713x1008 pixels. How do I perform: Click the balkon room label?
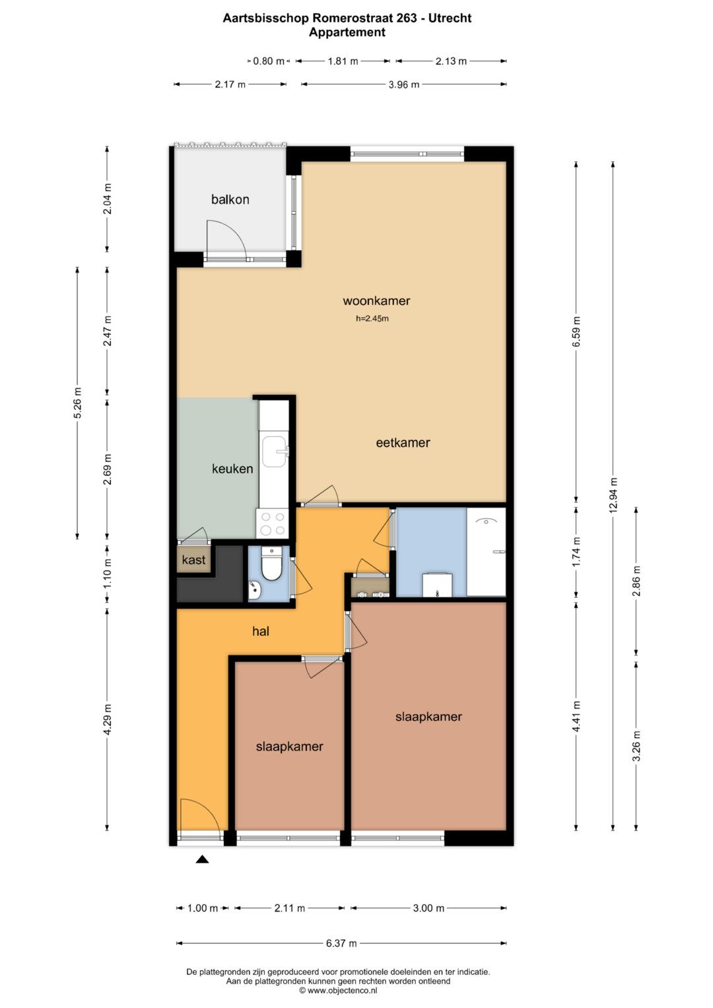click(230, 199)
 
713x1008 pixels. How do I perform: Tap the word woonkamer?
click(376, 300)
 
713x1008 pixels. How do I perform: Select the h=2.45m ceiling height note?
click(372, 319)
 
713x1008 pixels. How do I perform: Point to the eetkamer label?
click(403, 443)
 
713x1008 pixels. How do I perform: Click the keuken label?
click(232, 469)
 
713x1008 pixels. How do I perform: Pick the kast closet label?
click(193, 560)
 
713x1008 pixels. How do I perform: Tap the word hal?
click(261, 631)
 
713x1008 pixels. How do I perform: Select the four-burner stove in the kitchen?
click(272, 523)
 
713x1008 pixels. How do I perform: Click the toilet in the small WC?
click(271, 563)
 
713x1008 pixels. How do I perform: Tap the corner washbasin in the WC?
click(254, 590)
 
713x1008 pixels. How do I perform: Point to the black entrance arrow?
click(202, 859)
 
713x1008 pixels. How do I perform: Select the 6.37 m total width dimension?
click(341, 943)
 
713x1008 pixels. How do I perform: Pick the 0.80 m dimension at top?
click(269, 61)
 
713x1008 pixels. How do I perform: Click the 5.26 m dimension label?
click(77, 403)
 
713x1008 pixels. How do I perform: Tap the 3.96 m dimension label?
click(404, 84)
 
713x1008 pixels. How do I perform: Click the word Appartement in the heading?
click(347, 32)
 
